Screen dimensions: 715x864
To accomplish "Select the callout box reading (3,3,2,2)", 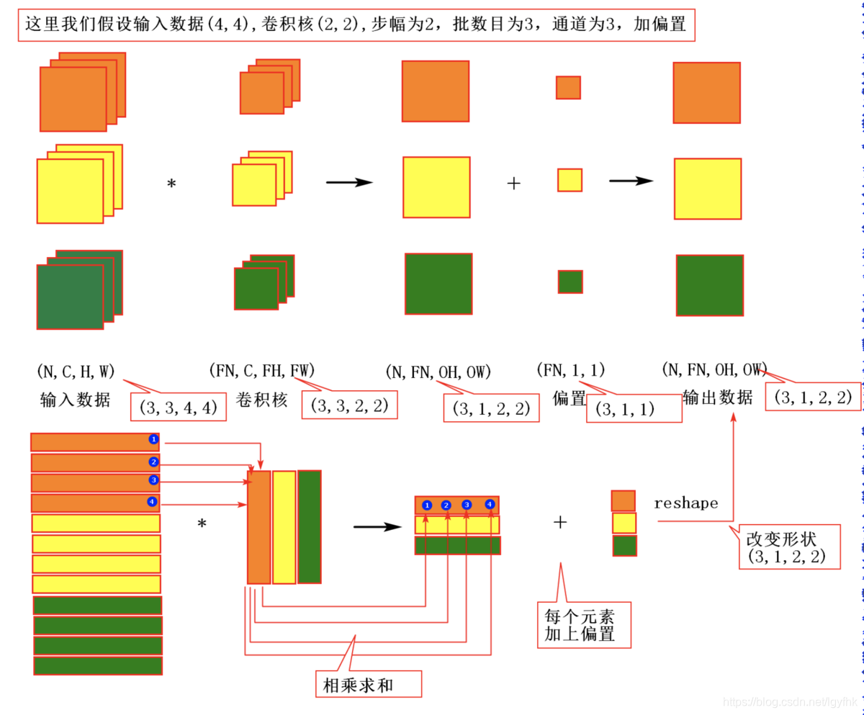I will (350, 405).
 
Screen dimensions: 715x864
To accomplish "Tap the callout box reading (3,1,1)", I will (634, 408).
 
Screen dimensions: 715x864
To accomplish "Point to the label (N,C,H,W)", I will (76, 372).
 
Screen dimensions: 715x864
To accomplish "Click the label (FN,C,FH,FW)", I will (261, 372).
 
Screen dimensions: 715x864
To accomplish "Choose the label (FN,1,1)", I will (571, 370).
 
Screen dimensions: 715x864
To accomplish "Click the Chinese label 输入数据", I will (75, 400).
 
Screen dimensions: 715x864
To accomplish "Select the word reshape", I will (685, 503).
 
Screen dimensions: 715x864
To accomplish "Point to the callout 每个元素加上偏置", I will (584, 625).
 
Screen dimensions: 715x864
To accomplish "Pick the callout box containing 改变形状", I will (789, 547).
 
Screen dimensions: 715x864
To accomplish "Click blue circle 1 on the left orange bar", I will (153, 439).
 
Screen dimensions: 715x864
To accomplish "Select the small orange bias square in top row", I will (568, 87).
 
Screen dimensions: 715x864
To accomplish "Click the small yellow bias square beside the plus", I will (570, 180).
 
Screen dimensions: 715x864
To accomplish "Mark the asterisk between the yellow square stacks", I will (171, 184).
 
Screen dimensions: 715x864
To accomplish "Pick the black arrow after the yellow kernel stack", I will (349, 182).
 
